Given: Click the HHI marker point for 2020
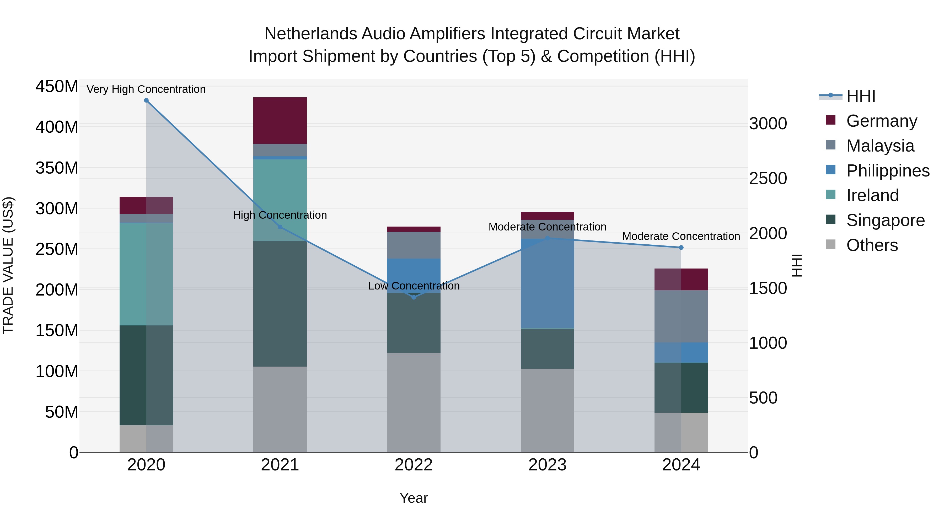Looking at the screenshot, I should tap(146, 100).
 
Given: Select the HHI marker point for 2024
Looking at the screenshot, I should tap(681, 248).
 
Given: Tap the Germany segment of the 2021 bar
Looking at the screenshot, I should tap(280, 121).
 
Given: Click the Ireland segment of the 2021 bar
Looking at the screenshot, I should tap(280, 200).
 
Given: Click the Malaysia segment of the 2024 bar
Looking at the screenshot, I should tap(681, 316).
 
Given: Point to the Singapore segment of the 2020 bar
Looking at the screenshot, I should tap(146, 375).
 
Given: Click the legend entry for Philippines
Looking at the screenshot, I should tap(887, 171).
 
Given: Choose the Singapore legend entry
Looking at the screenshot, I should tap(885, 221).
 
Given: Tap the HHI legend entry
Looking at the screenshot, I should tap(860, 96).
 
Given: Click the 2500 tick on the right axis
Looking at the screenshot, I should tap(768, 179).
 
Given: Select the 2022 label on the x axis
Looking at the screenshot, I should tap(414, 465).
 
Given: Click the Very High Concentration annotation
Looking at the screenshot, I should tap(146, 89).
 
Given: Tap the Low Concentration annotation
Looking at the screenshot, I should tap(414, 286).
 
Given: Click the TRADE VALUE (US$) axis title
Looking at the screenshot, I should tap(8, 265).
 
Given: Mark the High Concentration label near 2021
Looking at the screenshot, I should tap(280, 215).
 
